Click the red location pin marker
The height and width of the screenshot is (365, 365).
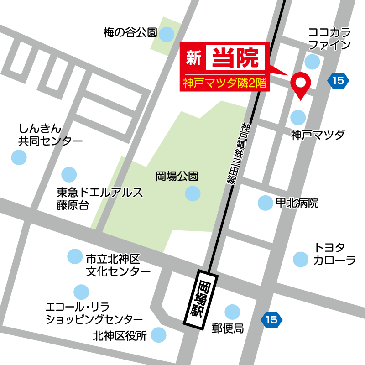301,83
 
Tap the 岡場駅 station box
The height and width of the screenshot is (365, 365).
201,299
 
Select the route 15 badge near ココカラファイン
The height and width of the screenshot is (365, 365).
338,81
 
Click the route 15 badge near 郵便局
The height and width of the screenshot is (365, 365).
271,320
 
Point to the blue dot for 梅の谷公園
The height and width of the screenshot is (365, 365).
167,33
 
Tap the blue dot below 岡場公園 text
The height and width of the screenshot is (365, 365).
193,193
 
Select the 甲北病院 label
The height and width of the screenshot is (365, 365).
297,203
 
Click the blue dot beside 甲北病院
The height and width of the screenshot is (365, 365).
265,203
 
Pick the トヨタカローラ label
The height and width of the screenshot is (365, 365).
334,254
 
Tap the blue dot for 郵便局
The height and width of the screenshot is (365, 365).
232,312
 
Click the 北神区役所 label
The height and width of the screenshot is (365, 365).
120,336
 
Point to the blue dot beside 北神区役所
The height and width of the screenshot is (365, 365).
159,335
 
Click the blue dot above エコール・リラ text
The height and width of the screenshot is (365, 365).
81,292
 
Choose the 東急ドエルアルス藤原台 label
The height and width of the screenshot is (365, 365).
100,198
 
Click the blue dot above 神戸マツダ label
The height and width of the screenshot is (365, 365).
298,118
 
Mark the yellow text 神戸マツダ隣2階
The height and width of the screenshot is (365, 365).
225,83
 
